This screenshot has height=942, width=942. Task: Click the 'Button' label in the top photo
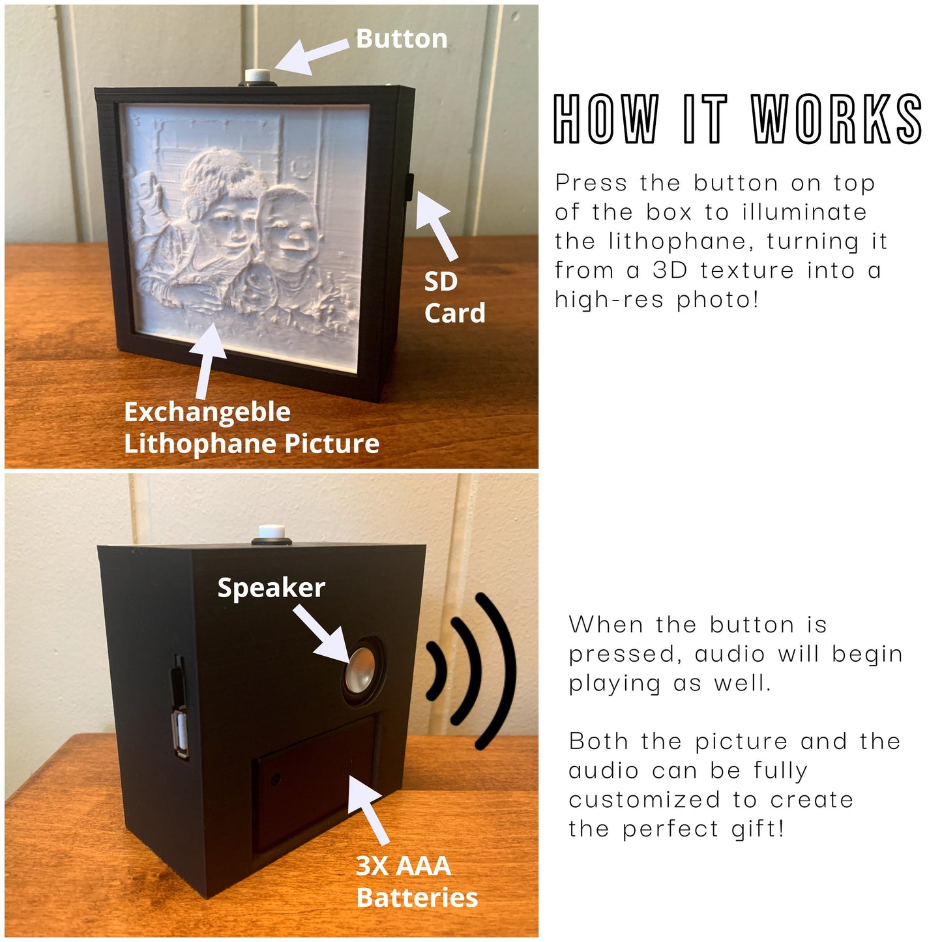pyautogui.click(x=402, y=39)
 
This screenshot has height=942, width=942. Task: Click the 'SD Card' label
pyautogui.click(x=454, y=297)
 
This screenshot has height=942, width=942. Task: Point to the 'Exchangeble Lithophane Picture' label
pyautogui.click(x=251, y=428)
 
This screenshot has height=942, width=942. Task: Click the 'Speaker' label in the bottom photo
pyautogui.click(x=271, y=587)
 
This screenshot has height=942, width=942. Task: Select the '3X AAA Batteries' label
pyautogui.click(x=417, y=881)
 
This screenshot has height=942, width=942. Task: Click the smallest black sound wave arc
pyautogui.click(x=436, y=670)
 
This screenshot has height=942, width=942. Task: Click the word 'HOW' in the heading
pyautogui.click(x=606, y=119)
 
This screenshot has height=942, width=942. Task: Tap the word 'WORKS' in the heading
pyautogui.click(x=836, y=119)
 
